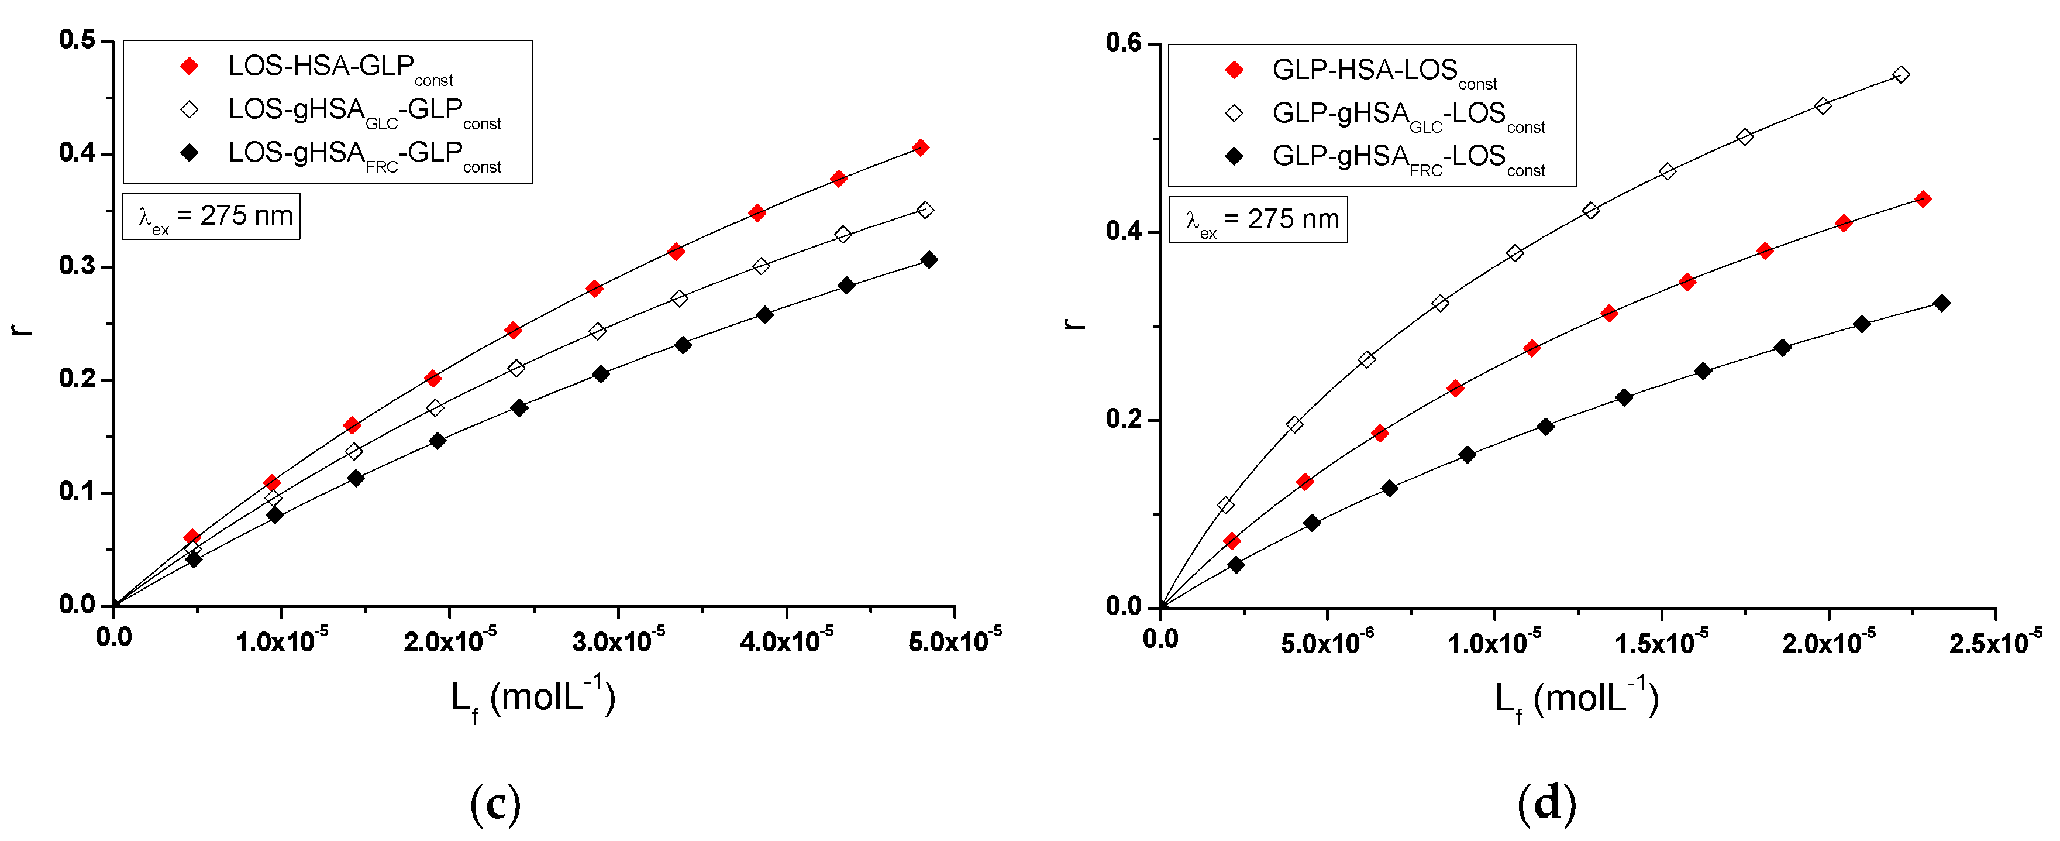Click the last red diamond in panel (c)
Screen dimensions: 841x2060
click(x=921, y=147)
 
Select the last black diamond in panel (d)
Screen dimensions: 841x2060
click(x=1941, y=303)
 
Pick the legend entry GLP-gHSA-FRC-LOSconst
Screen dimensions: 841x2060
click(x=1407, y=157)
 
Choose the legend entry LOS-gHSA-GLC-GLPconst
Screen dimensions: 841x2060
click(x=364, y=111)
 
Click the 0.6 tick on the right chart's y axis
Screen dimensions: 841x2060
click(x=1124, y=43)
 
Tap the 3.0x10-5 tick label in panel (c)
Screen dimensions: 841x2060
click(x=618, y=640)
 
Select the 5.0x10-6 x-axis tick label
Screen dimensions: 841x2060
click(x=1327, y=642)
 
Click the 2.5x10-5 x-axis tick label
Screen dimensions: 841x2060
click(x=1995, y=642)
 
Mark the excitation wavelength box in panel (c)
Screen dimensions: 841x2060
click(x=211, y=216)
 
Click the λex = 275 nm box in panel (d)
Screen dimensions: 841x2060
click(x=1258, y=219)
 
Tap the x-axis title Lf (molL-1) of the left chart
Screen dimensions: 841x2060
click(x=533, y=698)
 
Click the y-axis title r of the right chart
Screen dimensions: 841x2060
click(x=1075, y=323)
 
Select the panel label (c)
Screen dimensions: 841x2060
click(x=495, y=804)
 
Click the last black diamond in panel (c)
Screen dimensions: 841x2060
click(x=928, y=259)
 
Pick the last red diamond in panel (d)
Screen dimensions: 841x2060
click(x=1923, y=199)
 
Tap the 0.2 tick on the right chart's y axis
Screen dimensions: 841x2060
click(x=1124, y=419)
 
